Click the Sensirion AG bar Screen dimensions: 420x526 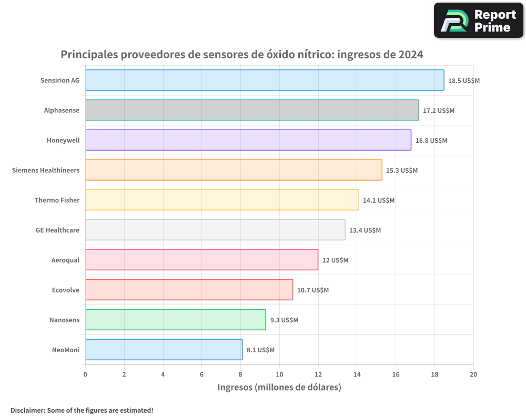265,80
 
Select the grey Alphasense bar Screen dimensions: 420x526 252,110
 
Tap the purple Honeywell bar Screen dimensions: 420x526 248,140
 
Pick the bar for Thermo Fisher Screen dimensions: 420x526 222,200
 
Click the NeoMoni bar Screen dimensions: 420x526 164,350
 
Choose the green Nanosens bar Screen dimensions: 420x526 175,320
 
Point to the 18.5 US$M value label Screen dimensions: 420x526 464,81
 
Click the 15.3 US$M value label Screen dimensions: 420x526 402,171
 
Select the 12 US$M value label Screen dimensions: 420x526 335,260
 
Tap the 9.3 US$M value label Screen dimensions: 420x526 284,320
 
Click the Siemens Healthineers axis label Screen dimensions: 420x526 46,170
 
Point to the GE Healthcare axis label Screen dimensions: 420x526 57,230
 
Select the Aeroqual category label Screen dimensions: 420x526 65,260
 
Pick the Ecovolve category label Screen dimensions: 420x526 66,290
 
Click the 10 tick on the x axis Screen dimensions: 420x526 279,374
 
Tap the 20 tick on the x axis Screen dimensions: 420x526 473,374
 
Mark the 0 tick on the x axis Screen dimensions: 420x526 85,374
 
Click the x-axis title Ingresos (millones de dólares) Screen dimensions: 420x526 279,387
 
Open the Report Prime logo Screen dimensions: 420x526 479,20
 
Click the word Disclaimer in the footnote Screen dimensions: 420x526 27,410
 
